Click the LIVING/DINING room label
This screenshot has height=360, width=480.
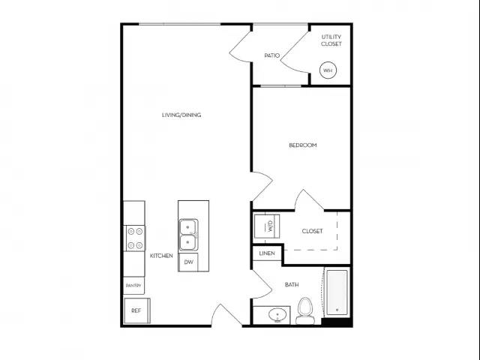coord(181,115)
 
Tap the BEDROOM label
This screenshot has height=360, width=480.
coord(303,145)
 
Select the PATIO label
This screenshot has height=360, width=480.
coord(271,55)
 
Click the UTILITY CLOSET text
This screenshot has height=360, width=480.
coord(331,40)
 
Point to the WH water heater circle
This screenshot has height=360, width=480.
coord(328,71)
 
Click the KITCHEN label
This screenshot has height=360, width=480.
coord(161,256)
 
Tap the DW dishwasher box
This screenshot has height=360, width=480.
coord(188,261)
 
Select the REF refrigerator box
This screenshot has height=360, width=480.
coord(136,310)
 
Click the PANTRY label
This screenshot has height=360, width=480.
coord(133,285)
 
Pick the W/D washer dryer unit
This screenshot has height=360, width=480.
coord(266,226)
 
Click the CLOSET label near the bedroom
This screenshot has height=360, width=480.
coord(313,231)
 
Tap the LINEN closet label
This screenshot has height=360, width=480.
coord(266,254)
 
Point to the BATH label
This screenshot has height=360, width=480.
coord(292,285)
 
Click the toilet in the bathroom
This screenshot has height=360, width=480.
coord(304,311)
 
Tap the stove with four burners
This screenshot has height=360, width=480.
coord(136,238)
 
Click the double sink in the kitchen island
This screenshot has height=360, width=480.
coord(188,234)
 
